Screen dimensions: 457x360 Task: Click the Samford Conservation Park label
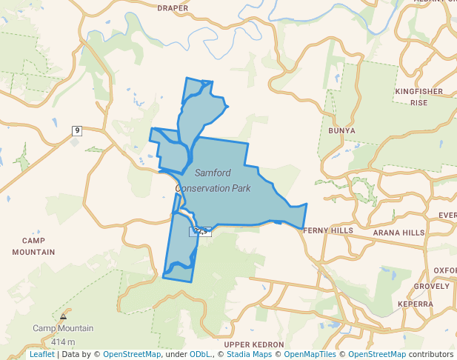pos(213,180)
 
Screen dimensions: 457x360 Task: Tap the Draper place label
pos(173,8)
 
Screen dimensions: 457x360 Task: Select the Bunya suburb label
pos(341,130)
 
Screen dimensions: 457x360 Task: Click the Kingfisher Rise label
pos(418,97)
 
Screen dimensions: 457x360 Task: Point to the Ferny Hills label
pos(328,231)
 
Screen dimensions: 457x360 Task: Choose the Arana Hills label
pos(398,233)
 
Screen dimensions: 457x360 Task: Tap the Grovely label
pos(431,286)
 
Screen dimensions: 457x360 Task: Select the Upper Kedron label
pos(254,345)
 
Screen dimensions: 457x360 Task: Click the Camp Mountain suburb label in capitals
pos(39,246)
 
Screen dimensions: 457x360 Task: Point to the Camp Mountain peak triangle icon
pos(63,316)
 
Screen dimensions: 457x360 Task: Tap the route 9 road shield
pos(77,131)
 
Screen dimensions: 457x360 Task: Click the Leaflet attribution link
pos(41,355)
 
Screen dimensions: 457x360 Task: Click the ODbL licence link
pos(200,355)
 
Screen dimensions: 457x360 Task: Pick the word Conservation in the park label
pos(213,188)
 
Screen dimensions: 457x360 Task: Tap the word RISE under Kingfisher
pos(419,103)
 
